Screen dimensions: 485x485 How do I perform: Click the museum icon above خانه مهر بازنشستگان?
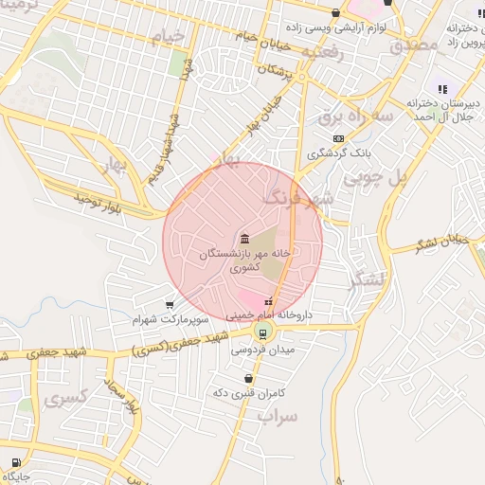(x=244, y=238)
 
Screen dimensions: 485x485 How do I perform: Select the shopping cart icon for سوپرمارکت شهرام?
(x=169, y=304)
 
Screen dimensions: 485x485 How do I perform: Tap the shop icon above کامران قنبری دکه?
(x=248, y=378)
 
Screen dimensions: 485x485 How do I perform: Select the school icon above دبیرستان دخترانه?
(x=441, y=88)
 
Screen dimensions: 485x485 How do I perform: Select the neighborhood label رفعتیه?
(x=322, y=54)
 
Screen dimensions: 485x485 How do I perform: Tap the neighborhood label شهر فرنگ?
(x=297, y=199)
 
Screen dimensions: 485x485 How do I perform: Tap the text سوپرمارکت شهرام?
(x=171, y=319)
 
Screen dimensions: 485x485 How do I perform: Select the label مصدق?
(x=414, y=44)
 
